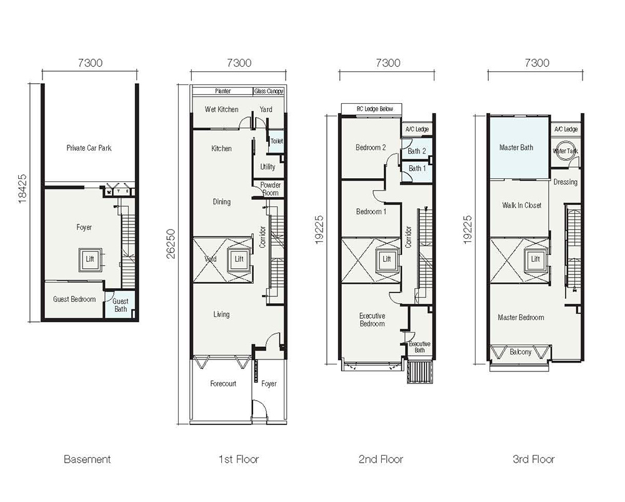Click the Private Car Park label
[89, 148]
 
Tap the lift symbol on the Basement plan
[90, 259]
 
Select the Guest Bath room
[119, 305]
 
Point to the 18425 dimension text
[22, 189]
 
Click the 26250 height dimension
[171, 244]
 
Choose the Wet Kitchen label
[222, 109]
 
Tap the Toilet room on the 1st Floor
[276, 141]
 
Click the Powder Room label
[270, 189]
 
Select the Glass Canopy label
[269, 91]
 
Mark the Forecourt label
[223, 384]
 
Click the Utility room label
[267, 167]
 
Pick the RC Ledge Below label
[374, 109]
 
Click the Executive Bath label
[419, 347]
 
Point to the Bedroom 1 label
[371, 212]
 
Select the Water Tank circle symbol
[565, 151]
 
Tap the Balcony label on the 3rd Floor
[520, 352]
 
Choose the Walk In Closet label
[521, 205]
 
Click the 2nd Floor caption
[381, 459]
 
